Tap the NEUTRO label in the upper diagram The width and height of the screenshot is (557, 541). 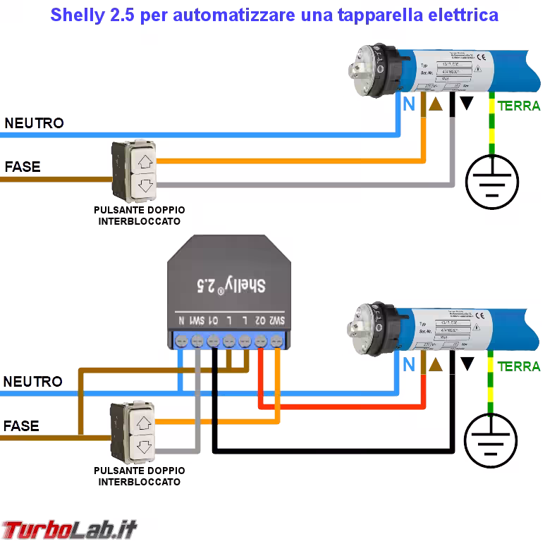pos(34,123)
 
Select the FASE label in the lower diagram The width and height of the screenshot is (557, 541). pos(21,426)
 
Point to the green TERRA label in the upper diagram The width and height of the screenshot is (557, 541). pos(519,106)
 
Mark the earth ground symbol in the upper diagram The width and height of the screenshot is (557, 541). pos(492,180)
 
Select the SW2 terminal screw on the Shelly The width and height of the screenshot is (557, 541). pos(276,342)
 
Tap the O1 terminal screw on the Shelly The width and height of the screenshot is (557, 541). pos(213,342)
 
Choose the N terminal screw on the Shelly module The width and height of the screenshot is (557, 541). pos(181,342)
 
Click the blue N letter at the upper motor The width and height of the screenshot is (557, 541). pos(408,104)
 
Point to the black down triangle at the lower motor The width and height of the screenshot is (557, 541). pos(467,364)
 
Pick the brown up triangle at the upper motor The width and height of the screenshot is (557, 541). pos(436,104)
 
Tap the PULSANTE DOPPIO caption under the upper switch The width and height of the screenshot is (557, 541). pos(139,210)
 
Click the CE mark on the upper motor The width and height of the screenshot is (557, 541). pos(481,58)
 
